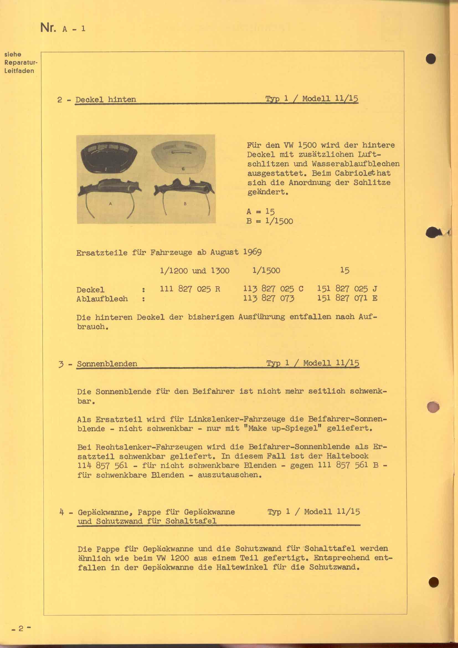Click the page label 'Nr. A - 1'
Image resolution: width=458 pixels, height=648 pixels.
[x=63, y=28]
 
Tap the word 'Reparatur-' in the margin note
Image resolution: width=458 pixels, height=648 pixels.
[x=20, y=62]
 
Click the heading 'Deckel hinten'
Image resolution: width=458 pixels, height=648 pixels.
[x=106, y=99]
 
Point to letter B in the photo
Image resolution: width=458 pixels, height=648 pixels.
[x=185, y=204]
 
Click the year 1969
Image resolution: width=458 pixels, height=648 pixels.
[x=252, y=252]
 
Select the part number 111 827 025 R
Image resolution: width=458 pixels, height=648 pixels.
[x=190, y=289]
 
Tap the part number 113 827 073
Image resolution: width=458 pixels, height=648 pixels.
[x=269, y=298]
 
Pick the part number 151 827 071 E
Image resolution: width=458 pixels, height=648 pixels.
[x=347, y=298]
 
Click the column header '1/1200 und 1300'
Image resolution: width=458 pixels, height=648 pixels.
[x=194, y=271]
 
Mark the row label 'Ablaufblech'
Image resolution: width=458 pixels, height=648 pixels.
[x=102, y=299]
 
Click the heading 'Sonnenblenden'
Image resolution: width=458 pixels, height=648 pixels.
[x=107, y=363]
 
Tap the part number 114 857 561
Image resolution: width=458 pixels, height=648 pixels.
[x=103, y=465]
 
